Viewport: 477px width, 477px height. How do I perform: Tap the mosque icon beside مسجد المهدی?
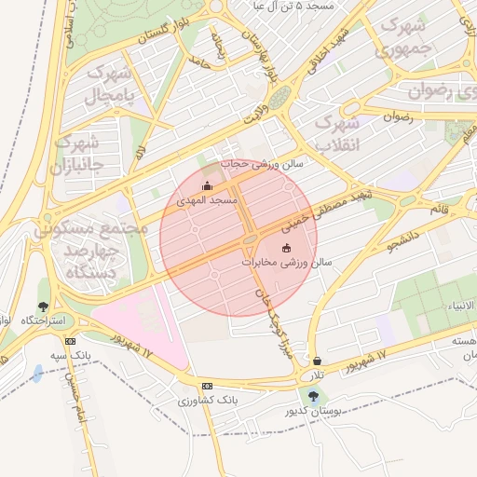[x=207, y=186]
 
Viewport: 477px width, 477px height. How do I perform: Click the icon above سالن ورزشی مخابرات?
[x=286, y=248]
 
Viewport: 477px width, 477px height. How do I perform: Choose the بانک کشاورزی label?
[x=210, y=401]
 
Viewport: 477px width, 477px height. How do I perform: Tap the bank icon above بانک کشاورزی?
[x=206, y=386]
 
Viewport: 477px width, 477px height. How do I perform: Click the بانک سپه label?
[x=97, y=356]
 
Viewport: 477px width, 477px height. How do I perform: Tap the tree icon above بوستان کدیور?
[x=312, y=396]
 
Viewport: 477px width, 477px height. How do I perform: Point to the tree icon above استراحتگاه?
[x=43, y=307]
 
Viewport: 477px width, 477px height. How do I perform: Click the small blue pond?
[x=36, y=374]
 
